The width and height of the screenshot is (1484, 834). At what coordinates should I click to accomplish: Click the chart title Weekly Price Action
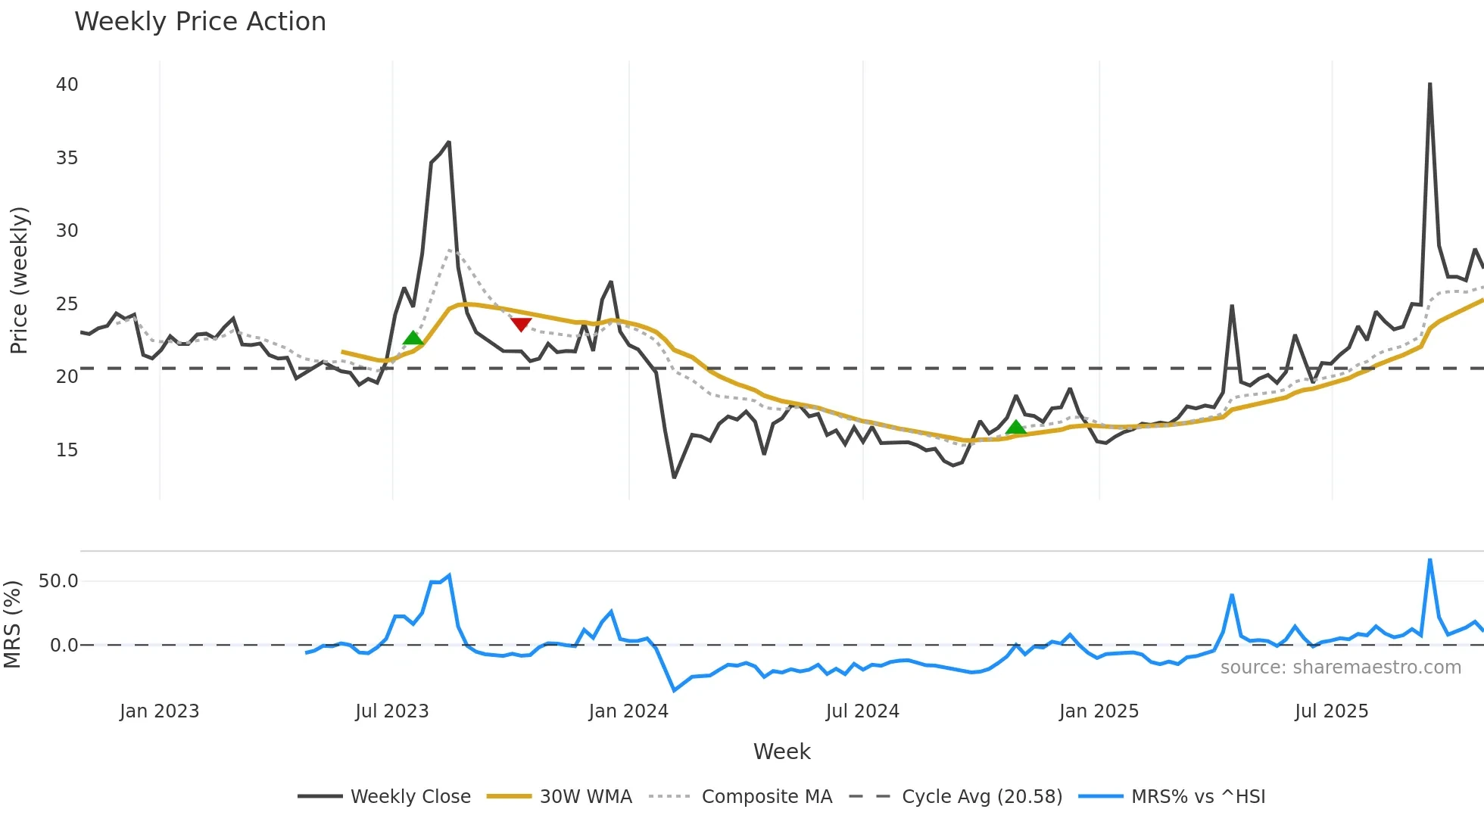[200, 22]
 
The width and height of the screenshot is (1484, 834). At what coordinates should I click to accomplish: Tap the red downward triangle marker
[521, 324]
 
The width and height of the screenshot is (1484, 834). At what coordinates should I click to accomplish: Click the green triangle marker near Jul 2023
[413, 338]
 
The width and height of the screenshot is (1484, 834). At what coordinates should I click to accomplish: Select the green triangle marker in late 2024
[1016, 427]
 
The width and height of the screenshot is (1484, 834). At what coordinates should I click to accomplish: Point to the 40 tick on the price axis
[67, 85]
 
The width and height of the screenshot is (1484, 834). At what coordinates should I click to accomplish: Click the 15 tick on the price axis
[67, 450]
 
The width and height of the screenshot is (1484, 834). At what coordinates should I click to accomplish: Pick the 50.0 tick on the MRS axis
[58, 581]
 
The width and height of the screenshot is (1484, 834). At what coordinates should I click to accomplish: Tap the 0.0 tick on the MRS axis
[64, 646]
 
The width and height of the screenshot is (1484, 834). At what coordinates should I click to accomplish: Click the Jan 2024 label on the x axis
[628, 711]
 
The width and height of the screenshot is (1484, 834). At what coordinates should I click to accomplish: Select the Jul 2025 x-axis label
[1331, 711]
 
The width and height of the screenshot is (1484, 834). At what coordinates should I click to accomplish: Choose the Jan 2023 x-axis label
[159, 711]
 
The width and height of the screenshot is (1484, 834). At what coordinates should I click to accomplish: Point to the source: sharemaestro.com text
[1340, 668]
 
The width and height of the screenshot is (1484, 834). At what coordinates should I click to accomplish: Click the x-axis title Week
[781, 752]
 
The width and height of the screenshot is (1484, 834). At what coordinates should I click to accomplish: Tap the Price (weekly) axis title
[19, 280]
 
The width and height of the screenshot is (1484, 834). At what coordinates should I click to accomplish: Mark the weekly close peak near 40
[1429, 85]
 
